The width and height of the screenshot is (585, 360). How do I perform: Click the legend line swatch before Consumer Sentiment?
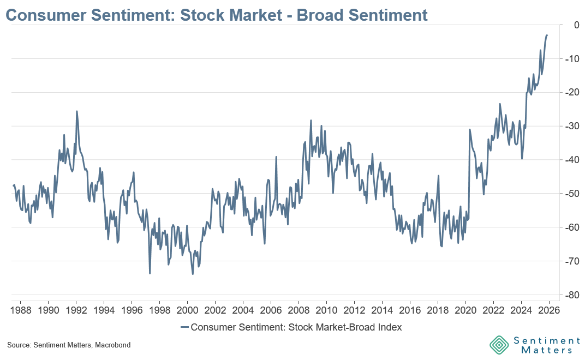(184, 327)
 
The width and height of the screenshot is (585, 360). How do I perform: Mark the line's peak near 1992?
(76, 111)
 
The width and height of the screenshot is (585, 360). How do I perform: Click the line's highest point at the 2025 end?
(547, 35)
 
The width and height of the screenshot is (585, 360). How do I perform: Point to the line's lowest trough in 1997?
(150, 273)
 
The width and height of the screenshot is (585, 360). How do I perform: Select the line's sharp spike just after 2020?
(469, 130)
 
